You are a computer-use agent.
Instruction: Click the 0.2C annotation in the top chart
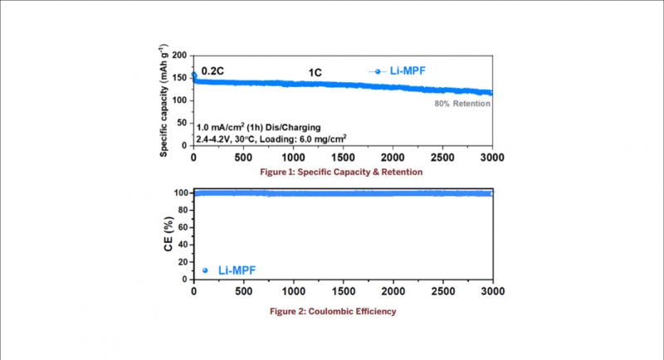tap(214, 71)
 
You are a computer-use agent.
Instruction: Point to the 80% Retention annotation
tap(462, 105)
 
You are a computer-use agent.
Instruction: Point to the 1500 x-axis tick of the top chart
tap(342, 158)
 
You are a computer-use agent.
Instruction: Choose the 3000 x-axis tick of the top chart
tap(491, 158)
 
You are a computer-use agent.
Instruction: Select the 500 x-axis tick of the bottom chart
tap(242, 293)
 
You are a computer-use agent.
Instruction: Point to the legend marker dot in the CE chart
tap(205, 270)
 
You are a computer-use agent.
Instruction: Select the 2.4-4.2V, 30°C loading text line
tap(260, 140)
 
